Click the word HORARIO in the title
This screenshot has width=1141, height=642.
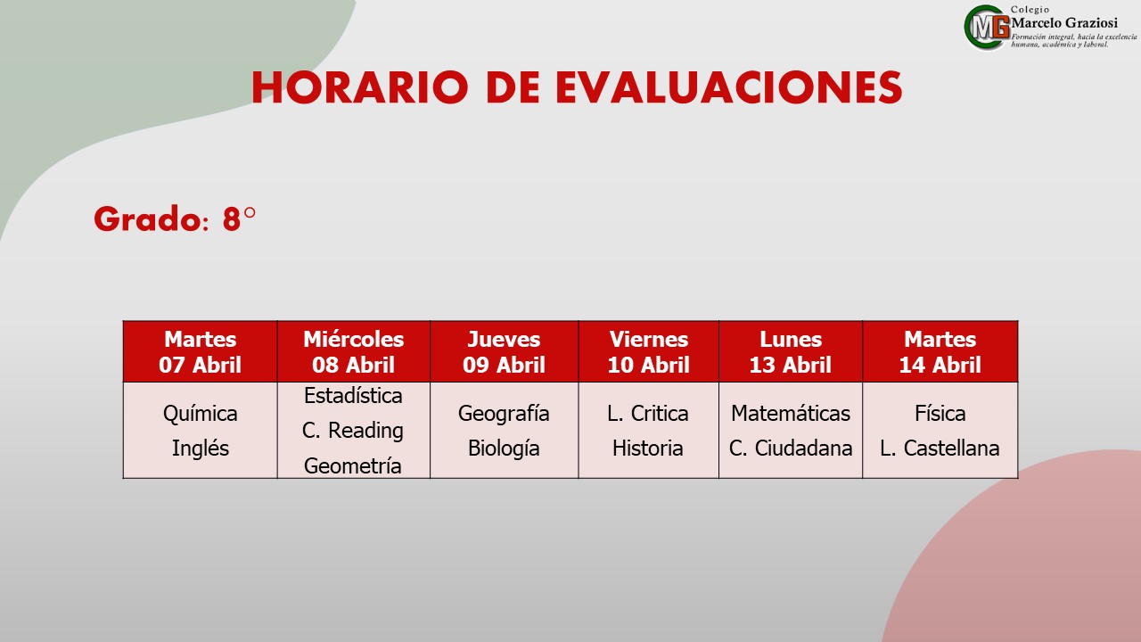point(359,87)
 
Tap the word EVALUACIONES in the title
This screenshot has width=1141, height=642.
point(729,87)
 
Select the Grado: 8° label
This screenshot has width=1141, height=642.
point(175,219)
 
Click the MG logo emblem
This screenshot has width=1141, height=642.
point(987,28)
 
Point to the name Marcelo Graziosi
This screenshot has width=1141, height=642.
point(1064,23)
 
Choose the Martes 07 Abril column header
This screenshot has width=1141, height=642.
point(201,352)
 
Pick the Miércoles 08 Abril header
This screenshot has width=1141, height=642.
point(354,352)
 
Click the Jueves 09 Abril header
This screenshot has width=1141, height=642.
point(504,352)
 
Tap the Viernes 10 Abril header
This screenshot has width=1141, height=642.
point(648,352)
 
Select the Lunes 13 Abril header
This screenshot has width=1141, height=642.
point(791,352)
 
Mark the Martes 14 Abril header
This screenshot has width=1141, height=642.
point(940,352)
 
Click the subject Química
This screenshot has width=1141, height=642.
point(201,414)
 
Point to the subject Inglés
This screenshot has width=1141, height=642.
point(201,449)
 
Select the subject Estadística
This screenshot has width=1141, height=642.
point(353,396)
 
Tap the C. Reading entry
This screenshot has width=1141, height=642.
point(352,431)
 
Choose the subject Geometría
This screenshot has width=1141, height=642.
point(352,465)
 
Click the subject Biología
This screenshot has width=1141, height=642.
point(504,449)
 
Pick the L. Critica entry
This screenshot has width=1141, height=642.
point(647,413)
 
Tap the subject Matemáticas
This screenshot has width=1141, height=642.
point(791,413)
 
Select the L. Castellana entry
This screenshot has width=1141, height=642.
point(940,449)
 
